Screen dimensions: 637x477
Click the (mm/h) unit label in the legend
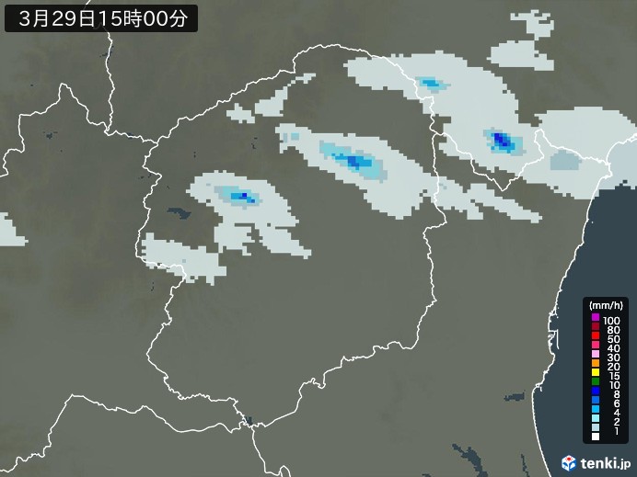(606, 305)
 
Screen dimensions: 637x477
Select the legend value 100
(612, 319)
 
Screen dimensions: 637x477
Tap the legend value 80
(612, 328)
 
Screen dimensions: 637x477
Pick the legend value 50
(612, 338)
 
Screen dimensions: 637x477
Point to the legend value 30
(612, 357)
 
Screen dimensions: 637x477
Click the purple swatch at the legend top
(596, 318)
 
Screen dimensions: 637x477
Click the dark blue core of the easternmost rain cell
(502, 141)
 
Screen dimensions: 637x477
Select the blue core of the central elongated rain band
(353, 162)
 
